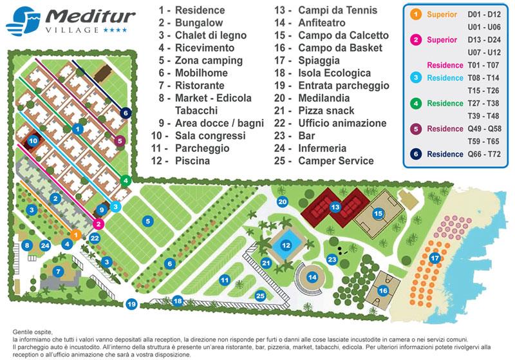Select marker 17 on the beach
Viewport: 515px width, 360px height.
coord(436,259)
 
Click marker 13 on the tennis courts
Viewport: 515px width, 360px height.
coord(335,207)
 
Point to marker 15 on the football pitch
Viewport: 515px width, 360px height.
coord(379,213)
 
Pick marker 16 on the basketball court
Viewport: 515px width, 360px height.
coord(384,290)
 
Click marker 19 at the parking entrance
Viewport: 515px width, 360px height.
coord(132,304)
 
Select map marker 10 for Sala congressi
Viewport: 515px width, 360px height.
coord(32,140)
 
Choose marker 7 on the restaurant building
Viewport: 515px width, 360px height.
coord(59,272)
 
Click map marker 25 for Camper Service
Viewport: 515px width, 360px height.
coord(260,296)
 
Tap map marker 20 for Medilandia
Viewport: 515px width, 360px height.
coord(282,202)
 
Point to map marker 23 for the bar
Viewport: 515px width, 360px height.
coord(332,260)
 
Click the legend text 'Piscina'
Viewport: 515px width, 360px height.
coord(192,161)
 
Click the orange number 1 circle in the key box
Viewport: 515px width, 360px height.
coord(416,14)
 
